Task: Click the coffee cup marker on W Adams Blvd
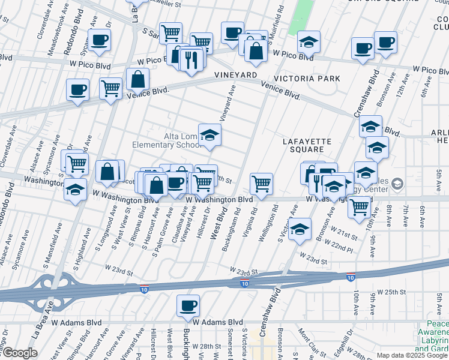[x=188, y=305]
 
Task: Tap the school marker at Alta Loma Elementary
[x=209, y=135]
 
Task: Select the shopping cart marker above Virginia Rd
[x=261, y=184]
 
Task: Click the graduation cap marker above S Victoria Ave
[x=300, y=229]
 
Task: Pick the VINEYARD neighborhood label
[x=235, y=75]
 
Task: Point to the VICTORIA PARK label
[x=307, y=79]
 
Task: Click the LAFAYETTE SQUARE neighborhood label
[x=307, y=145]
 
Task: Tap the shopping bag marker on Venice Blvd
[x=137, y=79]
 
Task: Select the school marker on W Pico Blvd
[x=309, y=41]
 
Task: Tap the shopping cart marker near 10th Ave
[x=359, y=206]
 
